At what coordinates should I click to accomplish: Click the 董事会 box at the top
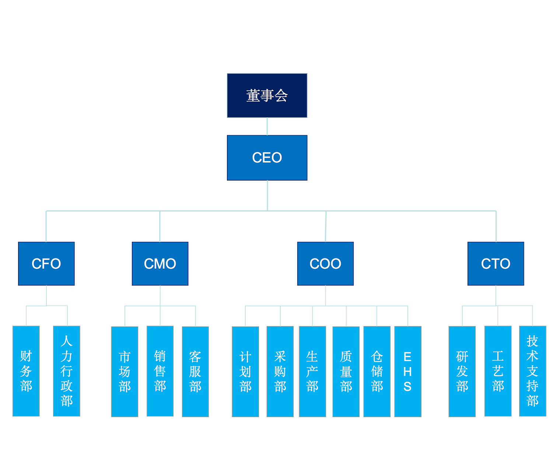click(x=267, y=95)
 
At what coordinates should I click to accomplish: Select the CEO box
click(x=267, y=158)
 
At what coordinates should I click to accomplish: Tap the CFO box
click(x=46, y=263)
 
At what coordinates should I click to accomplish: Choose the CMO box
click(x=160, y=263)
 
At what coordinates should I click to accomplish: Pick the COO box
click(x=325, y=263)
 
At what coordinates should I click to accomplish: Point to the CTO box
click(x=496, y=263)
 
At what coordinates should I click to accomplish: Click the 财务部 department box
click(x=26, y=371)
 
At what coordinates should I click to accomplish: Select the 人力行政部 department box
click(x=67, y=371)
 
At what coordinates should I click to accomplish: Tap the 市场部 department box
click(x=125, y=371)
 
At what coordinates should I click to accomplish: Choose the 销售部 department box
click(x=160, y=371)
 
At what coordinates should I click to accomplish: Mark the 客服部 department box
click(x=195, y=371)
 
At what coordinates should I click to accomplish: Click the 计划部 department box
click(x=245, y=371)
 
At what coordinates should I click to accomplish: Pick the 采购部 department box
click(x=280, y=371)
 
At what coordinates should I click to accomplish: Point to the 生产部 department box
click(x=312, y=371)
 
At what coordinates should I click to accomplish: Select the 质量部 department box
click(x=346, y=371)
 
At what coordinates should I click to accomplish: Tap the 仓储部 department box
click(x=377, y=371)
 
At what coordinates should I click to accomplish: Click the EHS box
click(x=407, y=371)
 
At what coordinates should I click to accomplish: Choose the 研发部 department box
click(x=462, y=371)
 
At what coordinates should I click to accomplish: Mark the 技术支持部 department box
click(x=533, y=371)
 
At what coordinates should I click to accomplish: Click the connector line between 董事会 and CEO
click(x=267, y=126)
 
